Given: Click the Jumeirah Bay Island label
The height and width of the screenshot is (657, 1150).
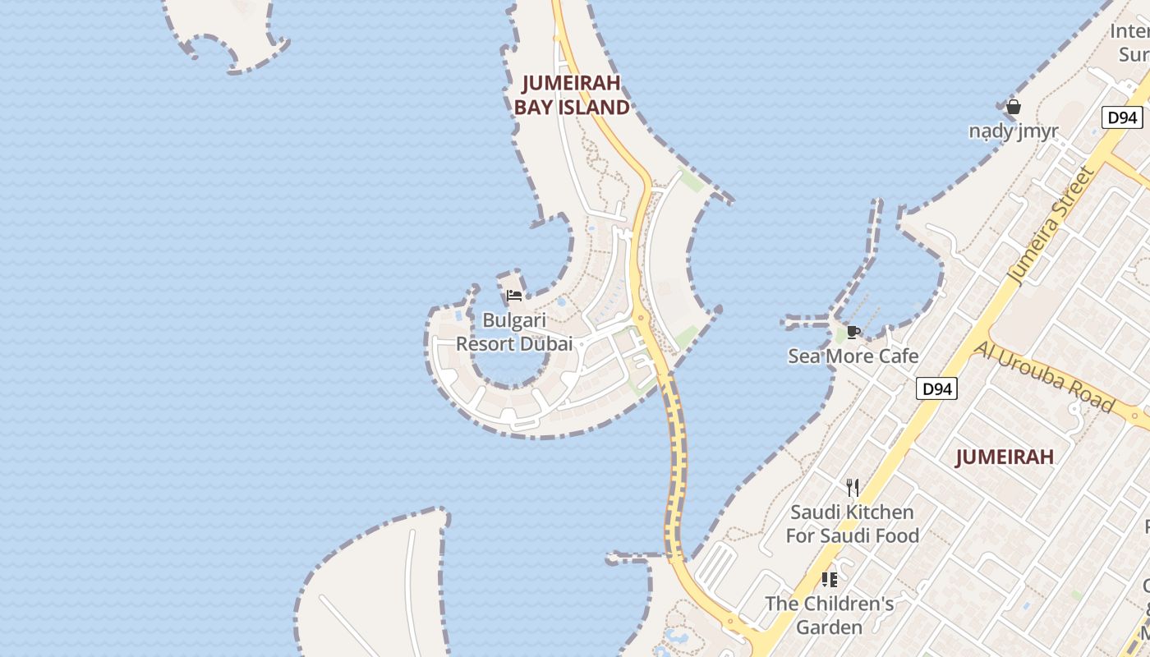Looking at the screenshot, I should click(x=572, y=95).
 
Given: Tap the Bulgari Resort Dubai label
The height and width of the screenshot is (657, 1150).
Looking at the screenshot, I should click(x=514, y=332).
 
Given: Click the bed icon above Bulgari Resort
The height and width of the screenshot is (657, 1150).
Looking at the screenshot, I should click(x=514, y=296).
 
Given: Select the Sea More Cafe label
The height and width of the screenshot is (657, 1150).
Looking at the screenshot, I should click(x=853, y=356).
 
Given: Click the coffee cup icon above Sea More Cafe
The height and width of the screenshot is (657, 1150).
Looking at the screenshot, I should click(x=853, y=332).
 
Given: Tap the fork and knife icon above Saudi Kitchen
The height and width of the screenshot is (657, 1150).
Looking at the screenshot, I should click(x=853, y=488).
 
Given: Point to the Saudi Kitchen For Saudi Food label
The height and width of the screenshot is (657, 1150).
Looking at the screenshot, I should click(x=852, y=524).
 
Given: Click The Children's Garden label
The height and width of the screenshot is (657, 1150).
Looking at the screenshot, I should click(x=829, y=615).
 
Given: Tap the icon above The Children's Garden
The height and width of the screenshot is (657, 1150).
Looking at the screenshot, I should click(x=830, y=580).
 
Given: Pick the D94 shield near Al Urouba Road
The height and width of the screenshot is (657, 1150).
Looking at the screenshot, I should click(x=936, y=388).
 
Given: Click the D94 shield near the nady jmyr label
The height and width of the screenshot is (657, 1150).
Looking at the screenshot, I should click(x=1122, y=117).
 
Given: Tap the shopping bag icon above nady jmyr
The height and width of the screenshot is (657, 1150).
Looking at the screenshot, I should click(x=1014, y=107).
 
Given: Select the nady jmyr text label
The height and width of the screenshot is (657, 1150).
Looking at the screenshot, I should click(x=1014, y=131).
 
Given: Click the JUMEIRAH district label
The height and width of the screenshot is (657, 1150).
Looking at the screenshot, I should click(x=1004, y=457).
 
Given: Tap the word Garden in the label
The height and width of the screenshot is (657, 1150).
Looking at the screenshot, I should click(x=829, y=627).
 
